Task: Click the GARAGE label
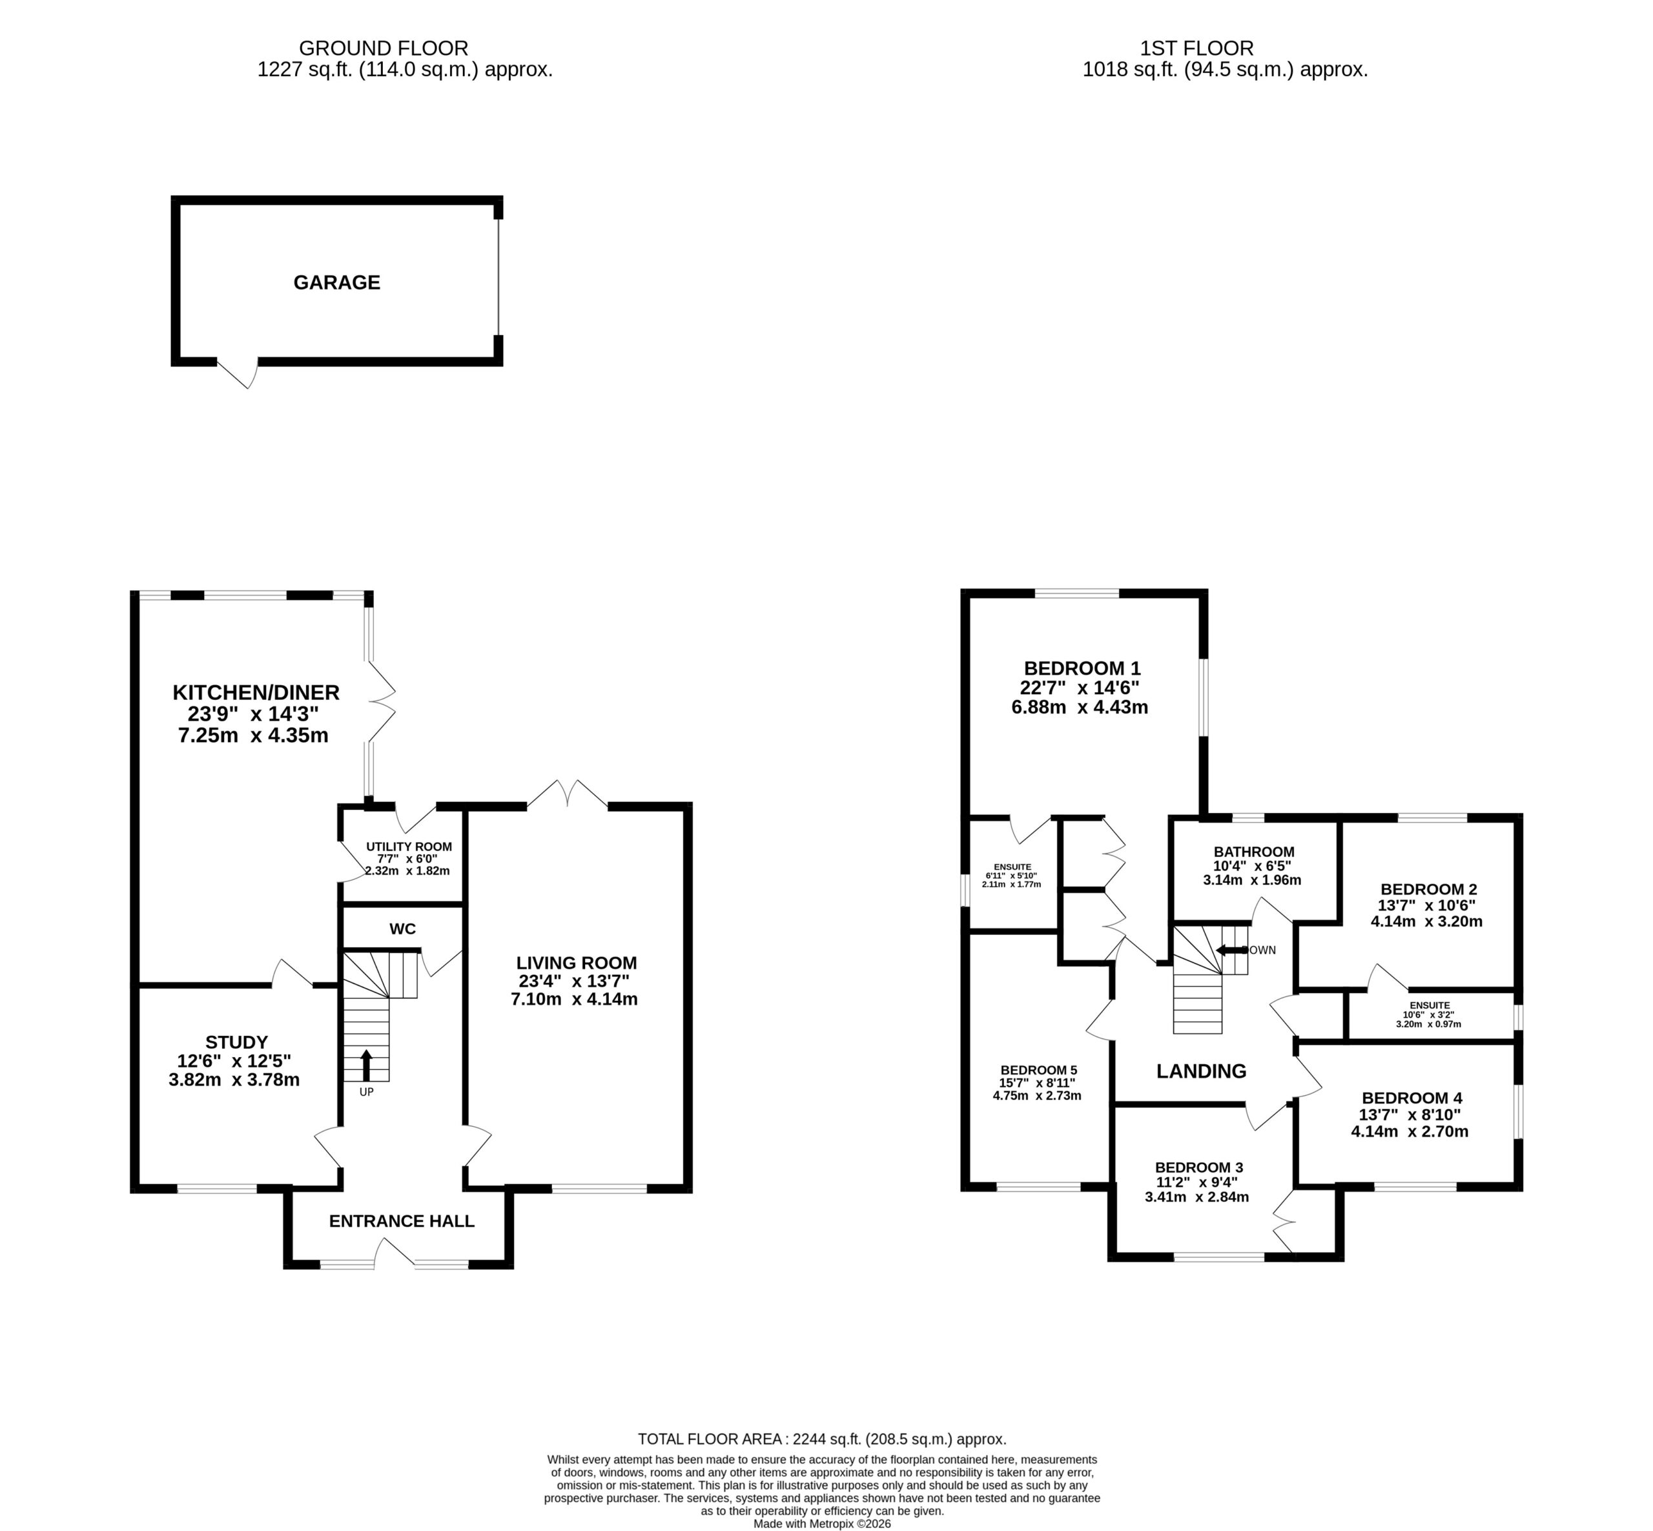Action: (336, 283)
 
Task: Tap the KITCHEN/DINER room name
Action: (256, 692)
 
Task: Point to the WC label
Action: (403, 929)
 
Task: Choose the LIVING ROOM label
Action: (577, 963)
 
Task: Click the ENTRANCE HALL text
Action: (402, 1220)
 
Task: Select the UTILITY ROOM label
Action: (409, 847)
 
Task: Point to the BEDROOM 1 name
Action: (1082, 668)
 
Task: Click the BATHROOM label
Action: (1253, 852)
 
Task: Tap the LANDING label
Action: (1202, 1071)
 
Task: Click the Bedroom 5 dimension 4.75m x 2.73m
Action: (1038, 1095)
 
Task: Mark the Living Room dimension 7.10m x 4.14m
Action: (574, 999)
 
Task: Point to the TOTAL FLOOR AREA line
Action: (822, 1439)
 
